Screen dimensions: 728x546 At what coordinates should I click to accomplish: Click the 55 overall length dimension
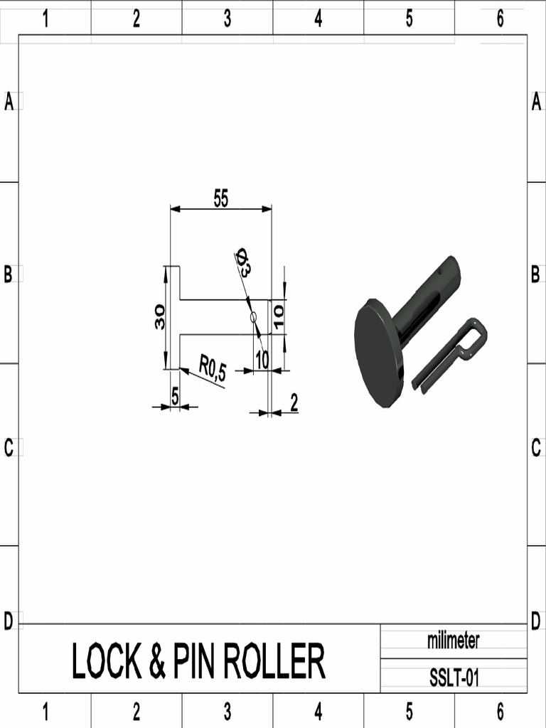point(221,200)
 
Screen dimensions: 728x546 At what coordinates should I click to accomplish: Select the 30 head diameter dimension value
point(160,316)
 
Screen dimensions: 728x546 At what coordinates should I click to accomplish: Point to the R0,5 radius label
point(212,368)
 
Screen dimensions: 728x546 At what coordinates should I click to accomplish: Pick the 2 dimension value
point(294,403)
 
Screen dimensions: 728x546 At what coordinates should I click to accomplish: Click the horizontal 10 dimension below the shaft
point(262,360)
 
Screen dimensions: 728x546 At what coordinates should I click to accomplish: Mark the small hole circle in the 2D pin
point(252,317)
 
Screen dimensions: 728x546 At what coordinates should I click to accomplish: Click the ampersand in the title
point(157,661)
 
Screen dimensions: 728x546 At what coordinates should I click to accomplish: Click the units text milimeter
point(453,641)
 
